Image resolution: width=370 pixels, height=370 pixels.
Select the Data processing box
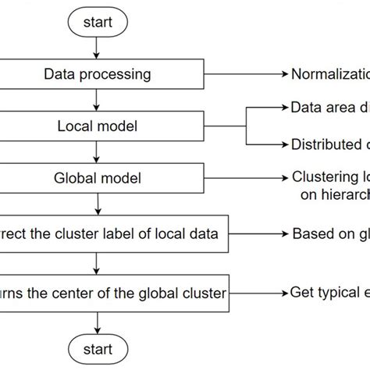coord(98,75)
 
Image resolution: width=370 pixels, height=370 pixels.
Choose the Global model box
coord(98,178)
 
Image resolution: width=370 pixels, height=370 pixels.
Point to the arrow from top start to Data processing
coord(96,48)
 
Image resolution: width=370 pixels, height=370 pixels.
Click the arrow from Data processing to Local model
coord(96,100)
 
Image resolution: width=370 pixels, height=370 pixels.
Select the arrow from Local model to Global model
coord(96,152)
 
